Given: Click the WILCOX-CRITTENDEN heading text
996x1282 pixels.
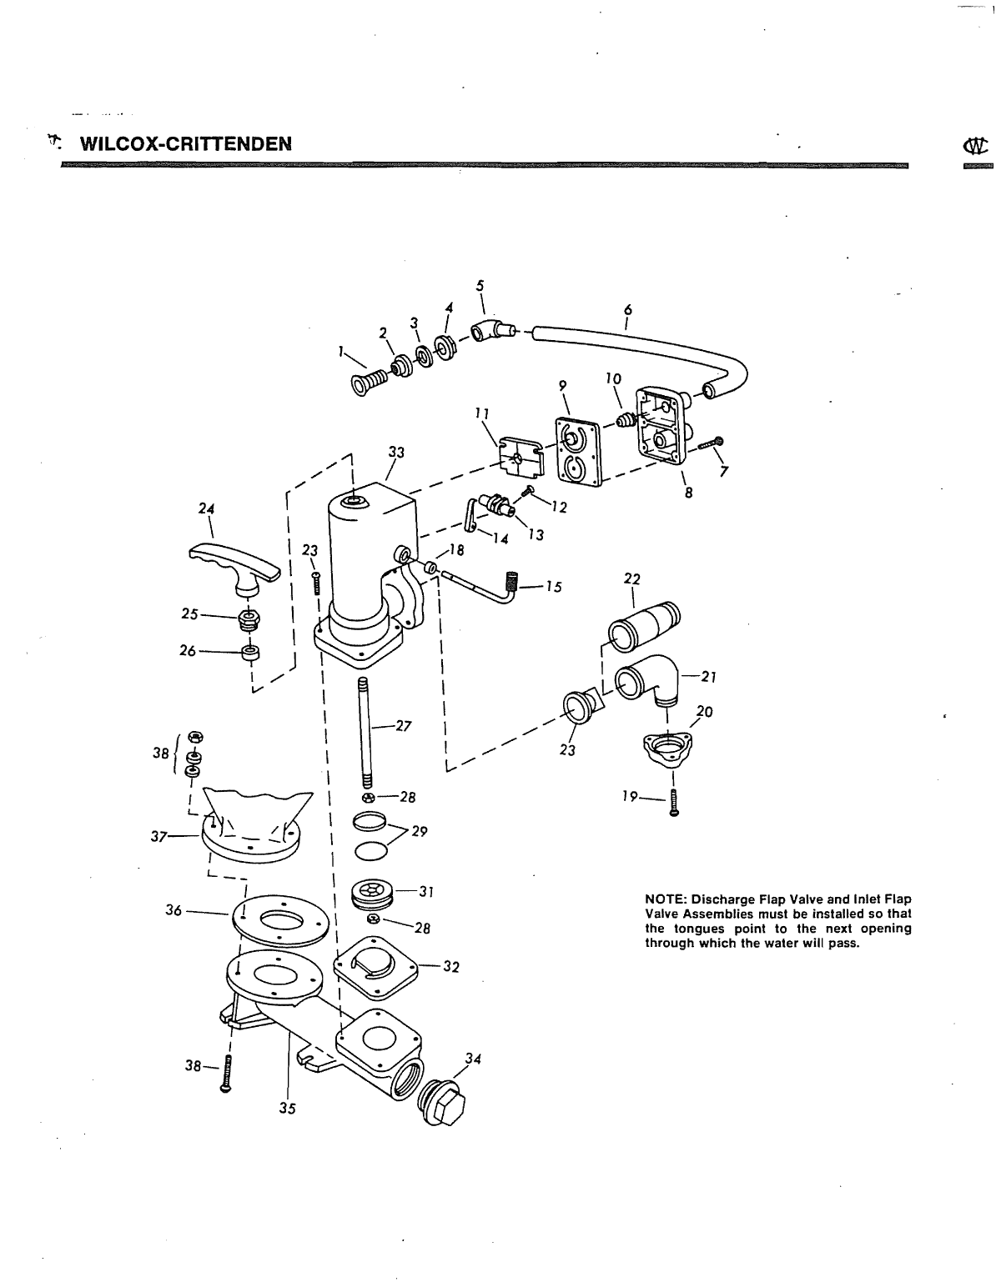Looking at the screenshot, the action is pos(186,144).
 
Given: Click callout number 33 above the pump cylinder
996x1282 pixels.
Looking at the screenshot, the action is pos(396,453).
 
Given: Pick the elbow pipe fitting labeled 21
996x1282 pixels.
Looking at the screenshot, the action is pos(647,679).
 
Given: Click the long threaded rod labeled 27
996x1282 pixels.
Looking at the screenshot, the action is pos(365,734).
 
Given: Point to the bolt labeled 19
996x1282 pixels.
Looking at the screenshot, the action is pos(674,804).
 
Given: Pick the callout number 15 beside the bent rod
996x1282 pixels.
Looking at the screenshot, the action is pos(553,587).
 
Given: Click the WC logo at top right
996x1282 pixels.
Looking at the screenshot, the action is pos(976,145).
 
